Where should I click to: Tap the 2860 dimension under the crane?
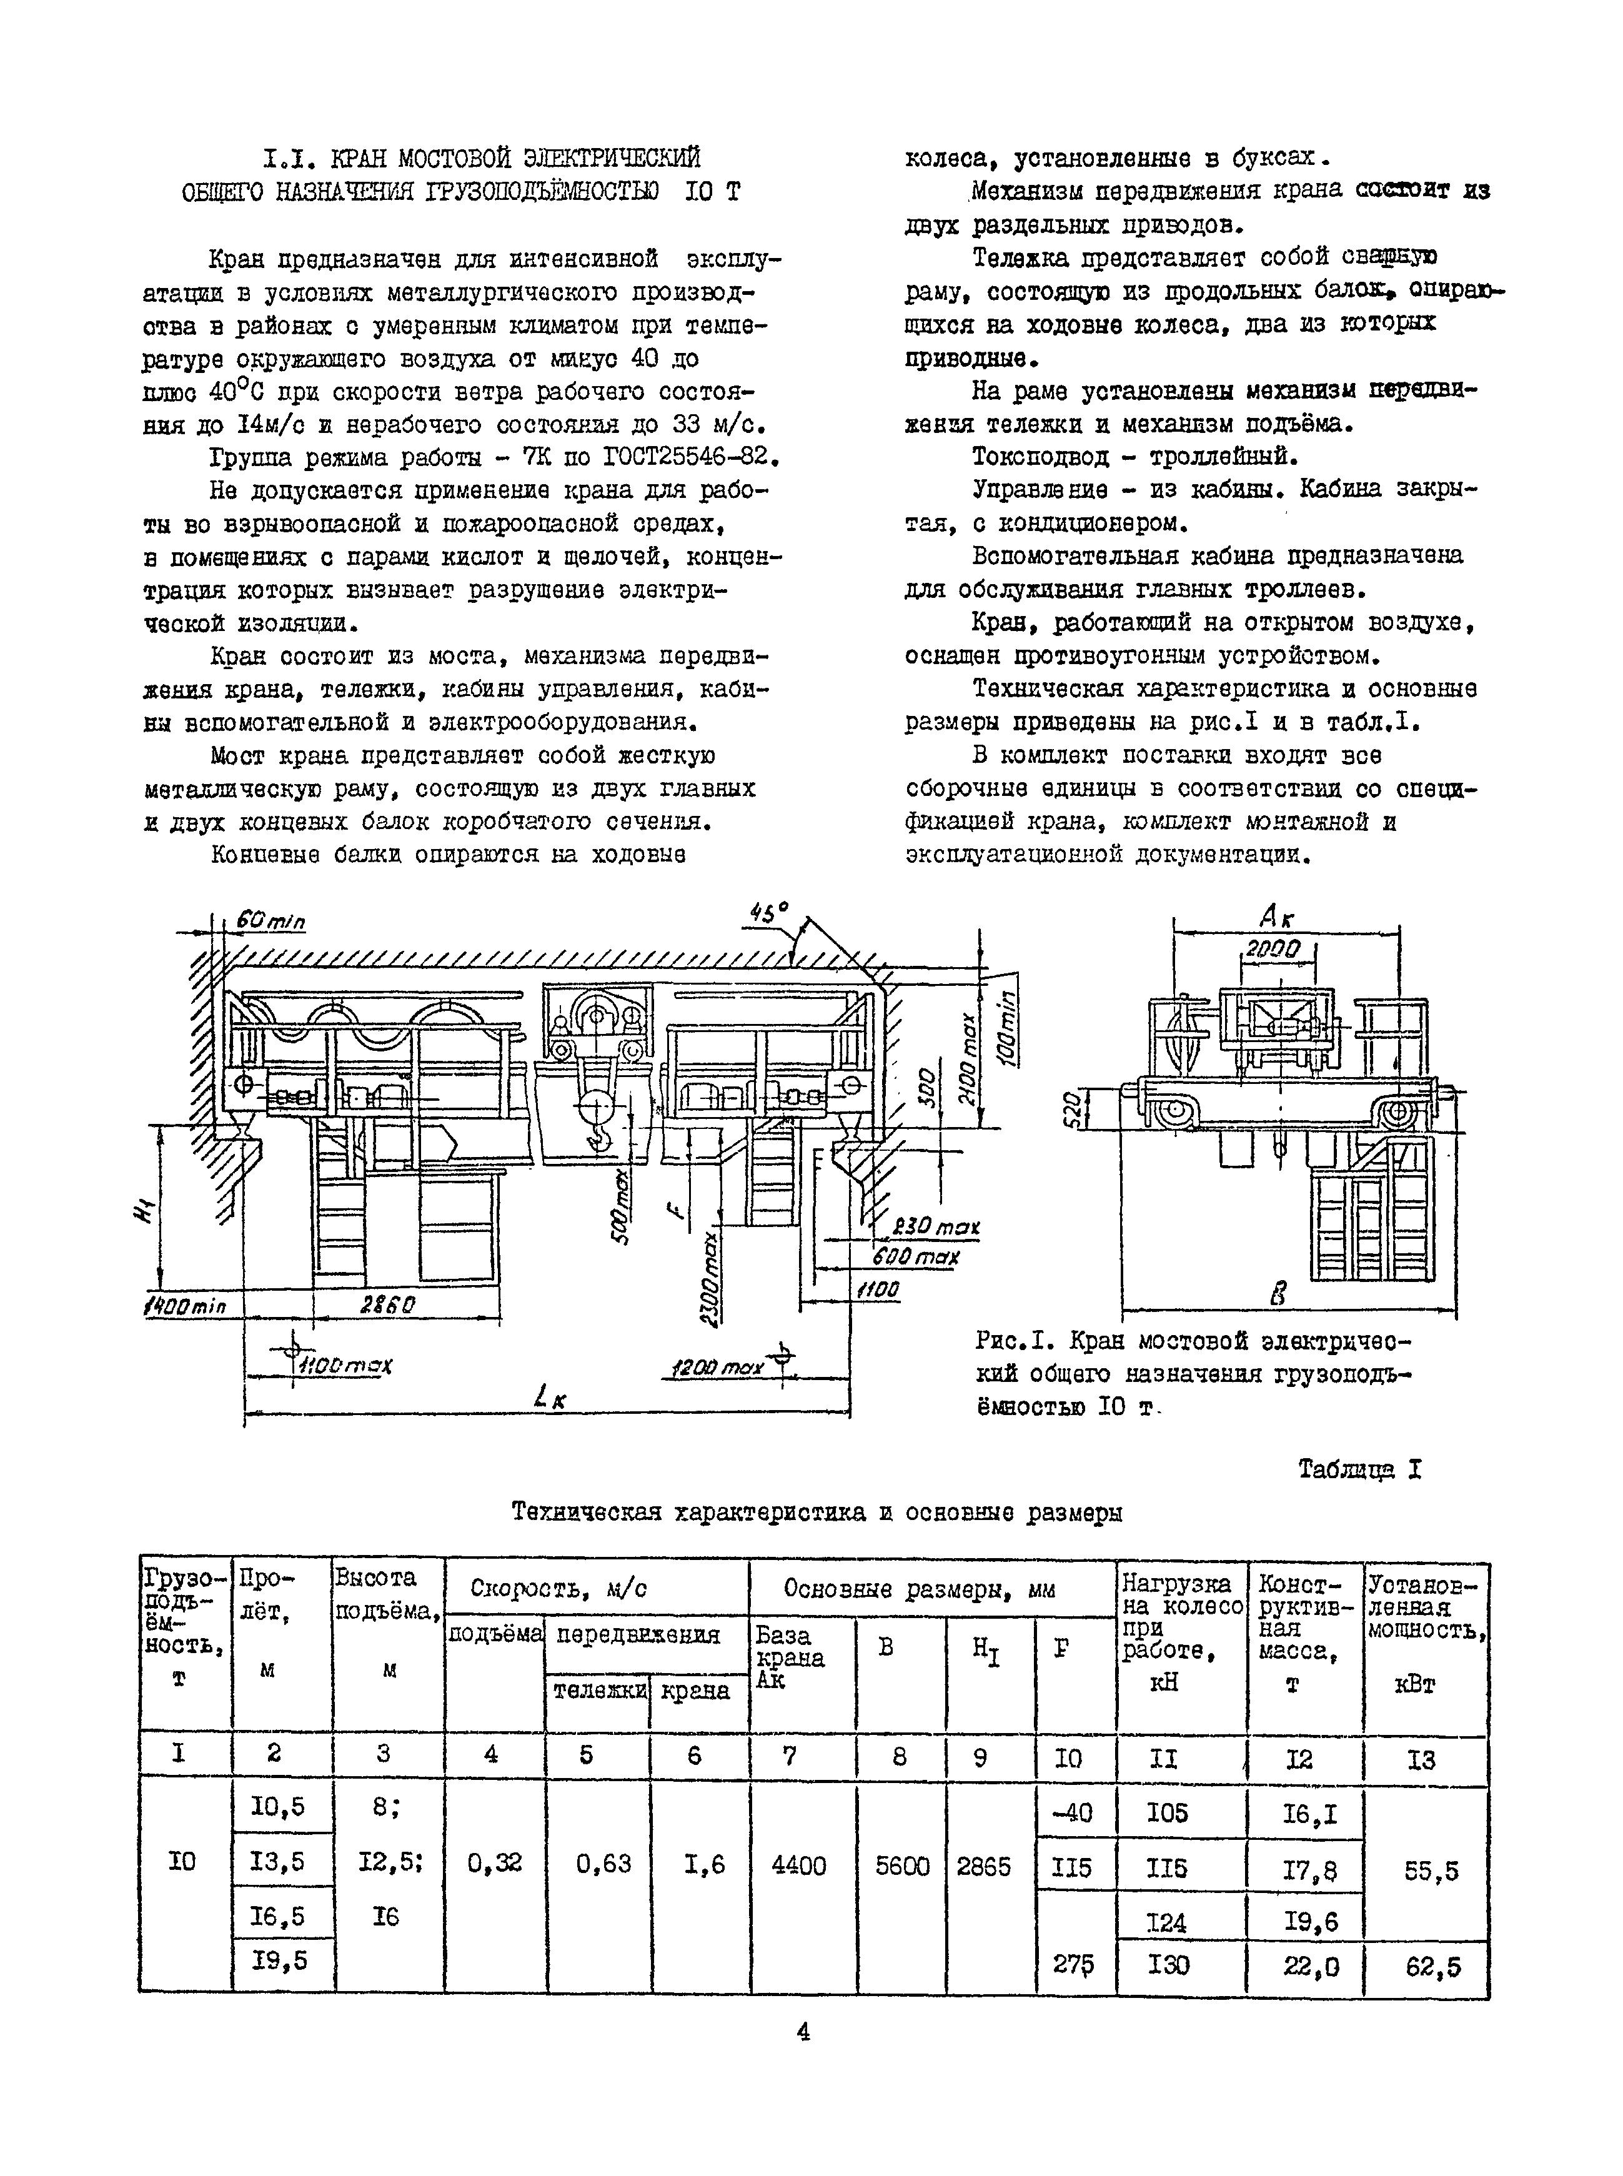(387, 1304)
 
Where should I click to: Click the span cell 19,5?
(280, 1960)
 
